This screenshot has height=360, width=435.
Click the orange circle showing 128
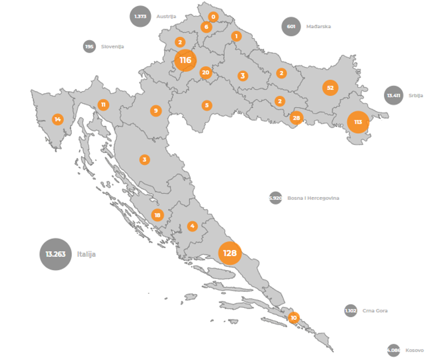(230, 253)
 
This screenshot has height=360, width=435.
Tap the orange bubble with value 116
(186, 61)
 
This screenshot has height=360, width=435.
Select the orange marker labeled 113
(358, 122)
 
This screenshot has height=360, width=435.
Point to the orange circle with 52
(330, 88)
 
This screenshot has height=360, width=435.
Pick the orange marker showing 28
(296, 118)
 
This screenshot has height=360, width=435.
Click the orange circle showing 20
(205, 73)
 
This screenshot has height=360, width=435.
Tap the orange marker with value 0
(213, 17)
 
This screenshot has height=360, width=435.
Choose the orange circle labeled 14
(57, 119)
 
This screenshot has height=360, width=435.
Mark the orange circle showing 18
(157, 215)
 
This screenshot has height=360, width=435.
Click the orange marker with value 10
(293, 318)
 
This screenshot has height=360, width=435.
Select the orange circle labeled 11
(103, 105)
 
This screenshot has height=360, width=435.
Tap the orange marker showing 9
(155, 111)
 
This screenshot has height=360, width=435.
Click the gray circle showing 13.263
(56, 254)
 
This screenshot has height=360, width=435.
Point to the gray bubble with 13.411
(393, 96)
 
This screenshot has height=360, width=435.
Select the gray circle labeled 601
(291, 26)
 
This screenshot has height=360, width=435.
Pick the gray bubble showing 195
(89, 46)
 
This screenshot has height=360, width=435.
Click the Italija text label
(87, 254)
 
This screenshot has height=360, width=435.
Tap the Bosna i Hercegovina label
(313, 198)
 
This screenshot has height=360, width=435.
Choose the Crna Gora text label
(375, 310)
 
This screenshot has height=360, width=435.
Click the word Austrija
(166, 16)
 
